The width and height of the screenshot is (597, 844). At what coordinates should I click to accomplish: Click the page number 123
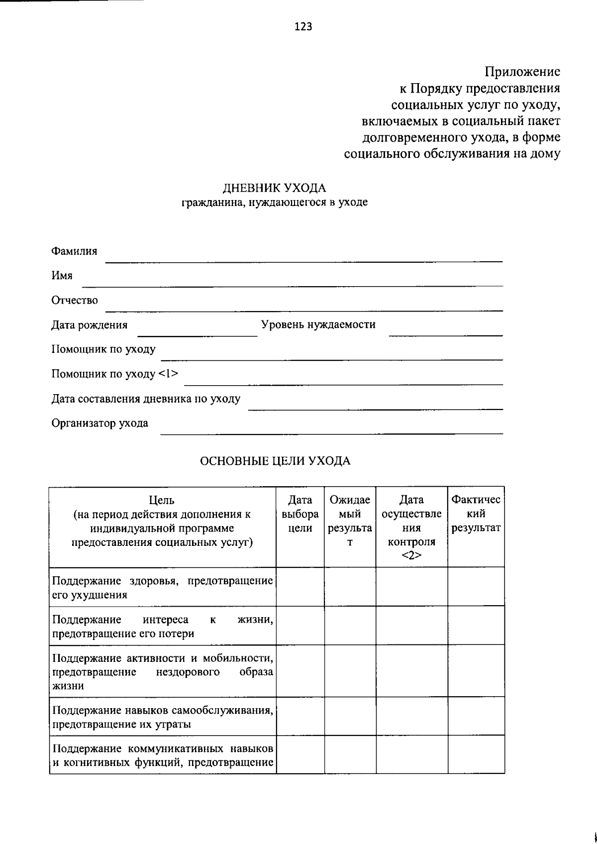pos(303,27)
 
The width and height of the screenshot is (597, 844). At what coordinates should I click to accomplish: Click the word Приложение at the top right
pos(522,72)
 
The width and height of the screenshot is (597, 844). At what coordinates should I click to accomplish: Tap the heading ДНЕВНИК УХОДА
pos(274,188)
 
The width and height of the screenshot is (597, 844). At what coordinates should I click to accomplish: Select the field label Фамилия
pos(74,251)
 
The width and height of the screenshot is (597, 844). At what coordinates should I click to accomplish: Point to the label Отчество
pos(75,300)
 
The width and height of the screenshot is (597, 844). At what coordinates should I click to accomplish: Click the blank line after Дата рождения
pos(197,332)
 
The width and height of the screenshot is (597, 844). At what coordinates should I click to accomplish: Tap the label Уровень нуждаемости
pos(318,324)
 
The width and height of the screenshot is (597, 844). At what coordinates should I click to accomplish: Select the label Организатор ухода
pos(99,423)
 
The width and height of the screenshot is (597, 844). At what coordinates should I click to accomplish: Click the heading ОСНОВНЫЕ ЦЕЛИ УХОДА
pos(275,461)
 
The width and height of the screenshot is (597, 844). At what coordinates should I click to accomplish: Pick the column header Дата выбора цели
pos(300,514)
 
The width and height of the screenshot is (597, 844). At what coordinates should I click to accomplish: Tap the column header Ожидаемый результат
pos(350,521)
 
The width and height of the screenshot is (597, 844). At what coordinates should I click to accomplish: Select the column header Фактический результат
pos(476,514)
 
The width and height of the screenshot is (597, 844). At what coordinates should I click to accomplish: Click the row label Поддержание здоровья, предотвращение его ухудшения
pos(162,588)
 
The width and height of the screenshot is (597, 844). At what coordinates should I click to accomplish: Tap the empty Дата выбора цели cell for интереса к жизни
pos(300,626)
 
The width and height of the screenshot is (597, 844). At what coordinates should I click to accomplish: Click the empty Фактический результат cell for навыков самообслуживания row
pos(476,717)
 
